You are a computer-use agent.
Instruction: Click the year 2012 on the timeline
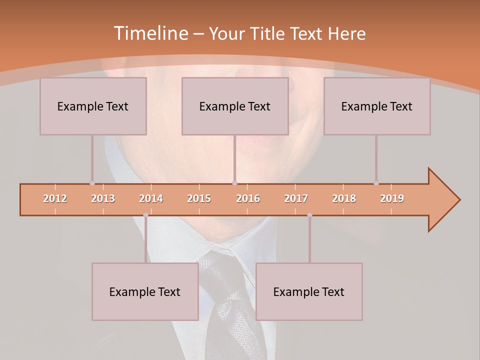click(x=55, y=198)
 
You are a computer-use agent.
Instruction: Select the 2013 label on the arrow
click(x=103, y=198)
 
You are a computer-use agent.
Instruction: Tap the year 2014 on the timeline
click(x=151, y=198)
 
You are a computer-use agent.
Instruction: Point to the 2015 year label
click(x=199, y=198)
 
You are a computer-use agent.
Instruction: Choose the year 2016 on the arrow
click(x=248, y=198)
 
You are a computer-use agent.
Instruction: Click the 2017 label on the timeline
click(x=296, y=198)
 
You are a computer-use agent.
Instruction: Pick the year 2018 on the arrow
click(x=344, y=198)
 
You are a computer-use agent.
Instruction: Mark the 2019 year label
click(x=392, y=198)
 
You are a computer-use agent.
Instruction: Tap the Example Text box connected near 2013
click(x=93, y=106)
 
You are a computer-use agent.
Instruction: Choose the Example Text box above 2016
click(x=235, y=106)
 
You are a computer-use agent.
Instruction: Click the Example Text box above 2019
click(x=377, y=106)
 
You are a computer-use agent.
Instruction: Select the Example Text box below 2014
click(x=145, y=291)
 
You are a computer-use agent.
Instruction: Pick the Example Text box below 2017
click(x=309, y=291)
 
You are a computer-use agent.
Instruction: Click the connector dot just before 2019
click(x=376, y=183)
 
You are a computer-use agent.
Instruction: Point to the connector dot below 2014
click(x=145, y=215)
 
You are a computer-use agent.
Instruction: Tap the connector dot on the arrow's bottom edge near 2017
click(x=309, y=215)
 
